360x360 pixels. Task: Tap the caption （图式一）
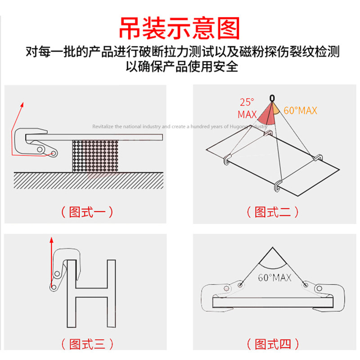[x=87, y=211]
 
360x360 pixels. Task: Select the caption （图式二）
[x=273, y=211]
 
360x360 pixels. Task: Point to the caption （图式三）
[x=87, y=345]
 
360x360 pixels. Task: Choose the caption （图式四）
[x=273, y=345]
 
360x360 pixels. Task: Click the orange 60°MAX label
[x=300, y=110]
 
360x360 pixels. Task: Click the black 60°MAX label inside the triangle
[x=274, y=278]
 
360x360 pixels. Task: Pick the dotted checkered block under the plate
[x=95, y=155]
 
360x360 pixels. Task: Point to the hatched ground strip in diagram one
[x=90, y=181]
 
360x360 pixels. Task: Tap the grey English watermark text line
[x=180, y=127]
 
